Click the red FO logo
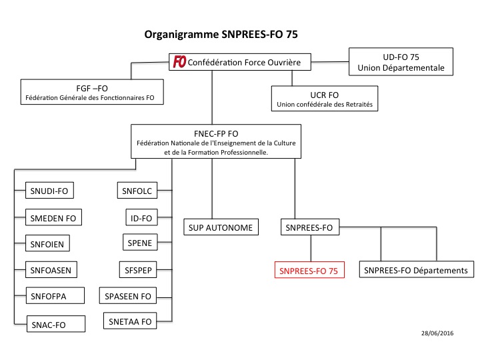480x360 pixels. click(x=179, y=62)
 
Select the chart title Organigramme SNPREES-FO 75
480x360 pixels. click(x=226, y=33)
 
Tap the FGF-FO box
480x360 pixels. click(x=92, y=93)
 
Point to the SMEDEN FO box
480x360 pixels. click(x=53, y=217)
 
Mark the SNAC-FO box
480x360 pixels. click(x=57, y=323)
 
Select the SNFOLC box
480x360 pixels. click(x=137, y=191)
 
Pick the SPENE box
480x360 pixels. click(x=139, y=243)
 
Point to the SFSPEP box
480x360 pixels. click(x=139, y=269)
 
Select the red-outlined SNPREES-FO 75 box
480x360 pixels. click(x=309, y=271)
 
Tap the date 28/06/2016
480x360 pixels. click(x=437, y=331)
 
